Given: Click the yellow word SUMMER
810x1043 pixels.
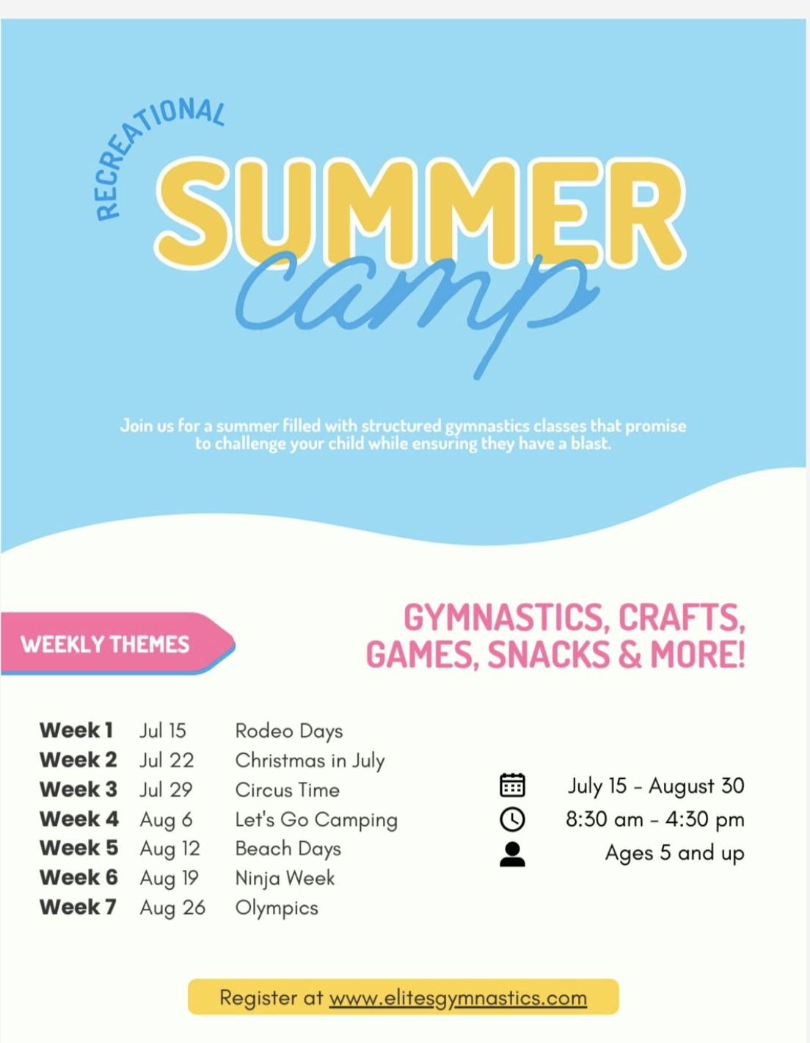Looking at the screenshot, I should click(420, 212).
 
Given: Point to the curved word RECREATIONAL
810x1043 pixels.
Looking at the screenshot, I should click(147, 147).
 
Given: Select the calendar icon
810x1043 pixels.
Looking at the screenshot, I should click(512, 785).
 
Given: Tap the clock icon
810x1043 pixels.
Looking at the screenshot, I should click(512, 819).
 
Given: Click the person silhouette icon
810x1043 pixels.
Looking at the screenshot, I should click(512, 854).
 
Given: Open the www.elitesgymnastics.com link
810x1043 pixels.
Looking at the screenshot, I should click(458, 998).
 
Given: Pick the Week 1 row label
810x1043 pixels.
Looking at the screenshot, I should click(76, 731).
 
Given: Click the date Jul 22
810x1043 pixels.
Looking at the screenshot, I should click(167, 761).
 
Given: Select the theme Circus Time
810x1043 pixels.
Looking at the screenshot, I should click(287, 790).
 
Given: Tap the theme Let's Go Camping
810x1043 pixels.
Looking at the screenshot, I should click(315, 820).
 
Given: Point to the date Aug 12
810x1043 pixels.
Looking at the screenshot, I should click(169, 849).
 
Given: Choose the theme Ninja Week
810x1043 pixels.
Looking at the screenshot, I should click(285, 878).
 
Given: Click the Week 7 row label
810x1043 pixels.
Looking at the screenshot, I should click(78, 907).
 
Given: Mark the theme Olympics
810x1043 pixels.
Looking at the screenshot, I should click(277, 908).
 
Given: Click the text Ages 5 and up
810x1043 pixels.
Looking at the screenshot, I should click(674, 853).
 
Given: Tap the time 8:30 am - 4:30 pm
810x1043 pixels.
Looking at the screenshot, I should click(654, 819).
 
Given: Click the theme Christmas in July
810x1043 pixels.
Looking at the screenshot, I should click(310, 761).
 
